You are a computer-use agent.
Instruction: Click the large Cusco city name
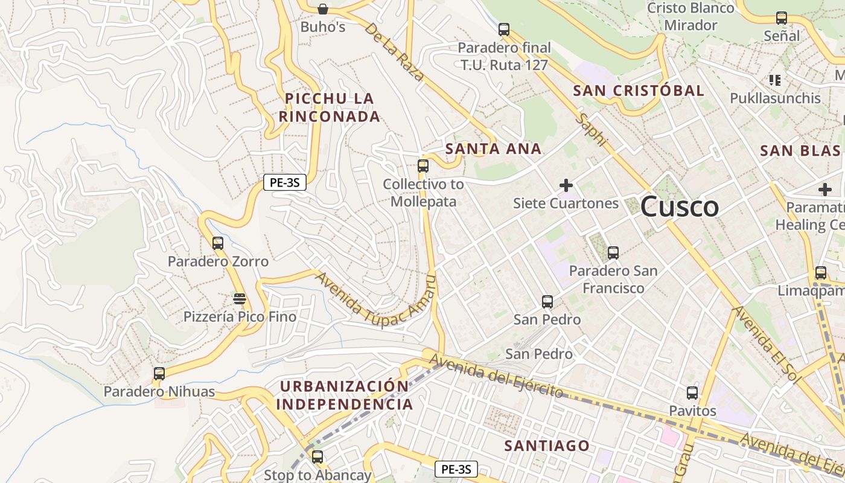680,207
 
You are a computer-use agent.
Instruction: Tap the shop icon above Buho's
323,8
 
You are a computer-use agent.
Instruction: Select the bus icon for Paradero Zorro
218,243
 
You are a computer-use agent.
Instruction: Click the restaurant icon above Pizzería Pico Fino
240,298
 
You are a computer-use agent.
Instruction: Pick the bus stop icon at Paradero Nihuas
159,374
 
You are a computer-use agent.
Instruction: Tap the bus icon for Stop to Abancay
317,457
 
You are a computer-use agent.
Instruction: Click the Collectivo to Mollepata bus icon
423,166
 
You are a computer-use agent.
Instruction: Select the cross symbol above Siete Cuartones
566,185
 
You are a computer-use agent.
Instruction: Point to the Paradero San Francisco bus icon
613,253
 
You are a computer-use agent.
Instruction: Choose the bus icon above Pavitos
692,393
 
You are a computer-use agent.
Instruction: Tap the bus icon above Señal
782,18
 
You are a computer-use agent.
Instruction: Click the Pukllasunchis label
776,98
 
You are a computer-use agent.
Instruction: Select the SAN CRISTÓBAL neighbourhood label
639,91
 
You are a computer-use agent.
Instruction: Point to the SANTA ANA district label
493,149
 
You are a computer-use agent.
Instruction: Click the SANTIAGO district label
547,446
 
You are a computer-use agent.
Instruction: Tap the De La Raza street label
395,53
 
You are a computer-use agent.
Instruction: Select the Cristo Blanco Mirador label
690,17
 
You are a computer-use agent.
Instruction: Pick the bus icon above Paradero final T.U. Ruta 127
504,29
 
